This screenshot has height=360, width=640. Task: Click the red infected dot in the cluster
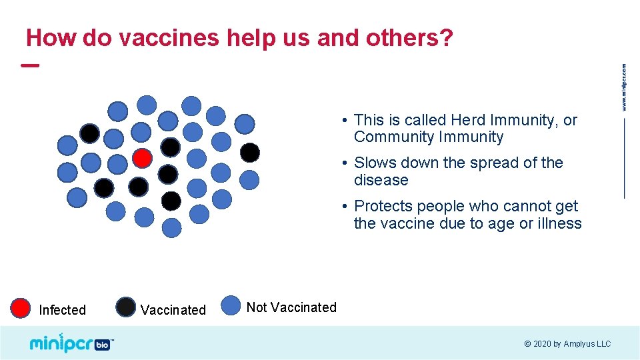(141, 158)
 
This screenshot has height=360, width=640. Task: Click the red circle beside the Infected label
(21, 307)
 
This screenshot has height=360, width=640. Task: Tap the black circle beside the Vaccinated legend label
(125, 307)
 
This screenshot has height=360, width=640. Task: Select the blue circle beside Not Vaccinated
(231, 305)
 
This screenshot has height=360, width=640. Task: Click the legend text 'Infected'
(62, 310)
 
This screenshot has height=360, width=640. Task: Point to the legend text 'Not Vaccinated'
(291, 307)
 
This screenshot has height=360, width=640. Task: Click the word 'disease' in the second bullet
(381, 181)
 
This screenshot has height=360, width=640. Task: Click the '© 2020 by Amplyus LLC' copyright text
(567, 344)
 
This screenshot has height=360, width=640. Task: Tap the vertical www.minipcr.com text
(624, 87)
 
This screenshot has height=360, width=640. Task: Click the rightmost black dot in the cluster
(249, 153)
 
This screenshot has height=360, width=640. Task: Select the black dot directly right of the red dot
(168, 173)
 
